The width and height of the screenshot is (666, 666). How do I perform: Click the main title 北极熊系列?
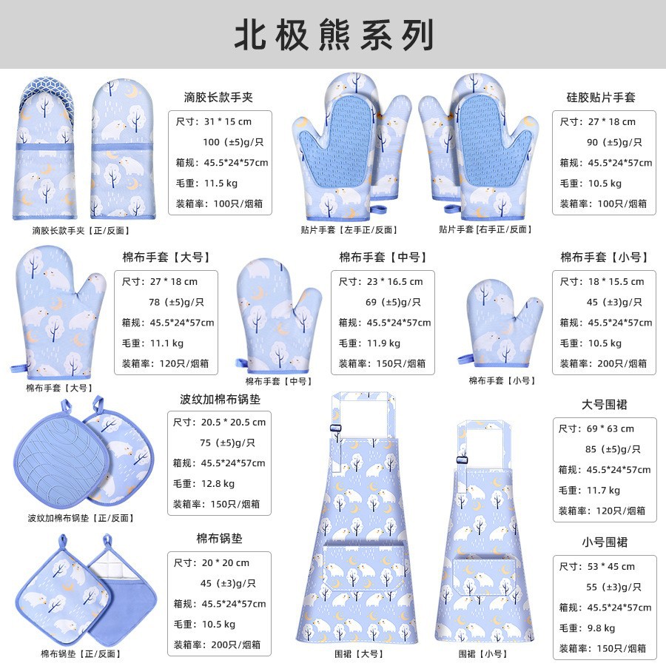333,35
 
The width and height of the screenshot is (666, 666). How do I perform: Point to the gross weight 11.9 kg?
383,343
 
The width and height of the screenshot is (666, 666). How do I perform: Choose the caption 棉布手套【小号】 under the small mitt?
502,380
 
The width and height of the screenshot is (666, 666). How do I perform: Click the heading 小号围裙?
605,542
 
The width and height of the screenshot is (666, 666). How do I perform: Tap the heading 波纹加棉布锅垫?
220,399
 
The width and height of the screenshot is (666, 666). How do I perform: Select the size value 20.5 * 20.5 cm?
232,422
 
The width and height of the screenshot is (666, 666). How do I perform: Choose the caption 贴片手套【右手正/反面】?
486,229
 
